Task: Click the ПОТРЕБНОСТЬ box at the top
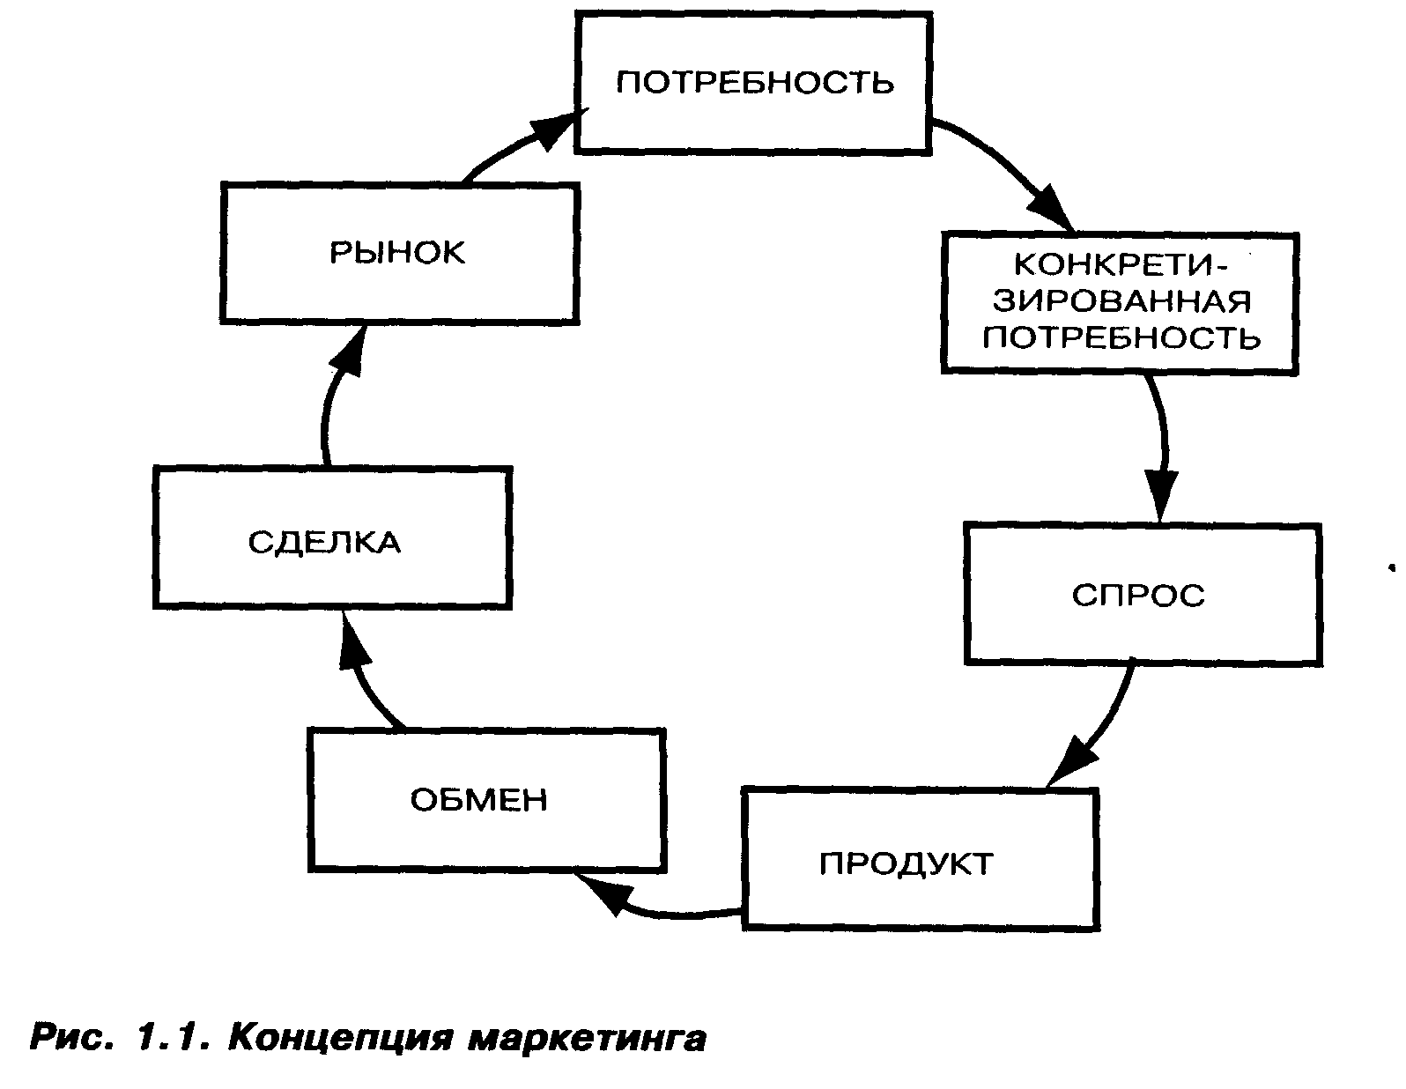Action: pyautogui.click(x=754, y=83)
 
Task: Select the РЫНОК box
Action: pyautogui.click(x=398, y=253)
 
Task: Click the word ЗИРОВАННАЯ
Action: pyautogui.click(x=1121, y=301)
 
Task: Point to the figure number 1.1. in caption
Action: pyautogui.click(x=174, y=1039)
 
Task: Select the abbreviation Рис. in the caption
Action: pyautogui.click(x=72, y=1039)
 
